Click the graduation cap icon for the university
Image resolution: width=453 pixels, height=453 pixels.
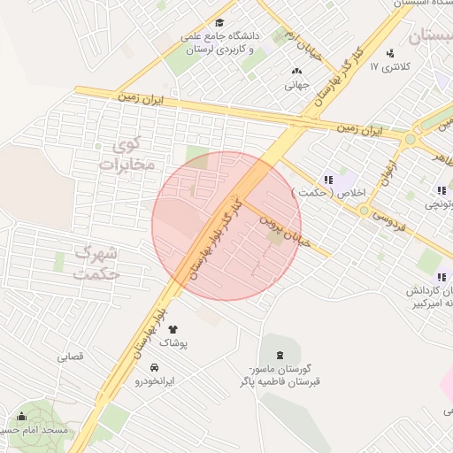(219, 24)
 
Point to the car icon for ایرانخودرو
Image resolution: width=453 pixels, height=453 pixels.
(155, 367)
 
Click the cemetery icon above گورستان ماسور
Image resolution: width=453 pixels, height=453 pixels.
(269, 353)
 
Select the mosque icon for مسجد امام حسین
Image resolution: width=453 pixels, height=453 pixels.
(21, 417)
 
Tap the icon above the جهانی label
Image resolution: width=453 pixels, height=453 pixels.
(296, 72)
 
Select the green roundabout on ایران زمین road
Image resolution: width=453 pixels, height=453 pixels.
(410, 139)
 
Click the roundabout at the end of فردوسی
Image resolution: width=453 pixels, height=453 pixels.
(364, 210)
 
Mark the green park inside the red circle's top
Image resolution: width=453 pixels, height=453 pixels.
(196, 160)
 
